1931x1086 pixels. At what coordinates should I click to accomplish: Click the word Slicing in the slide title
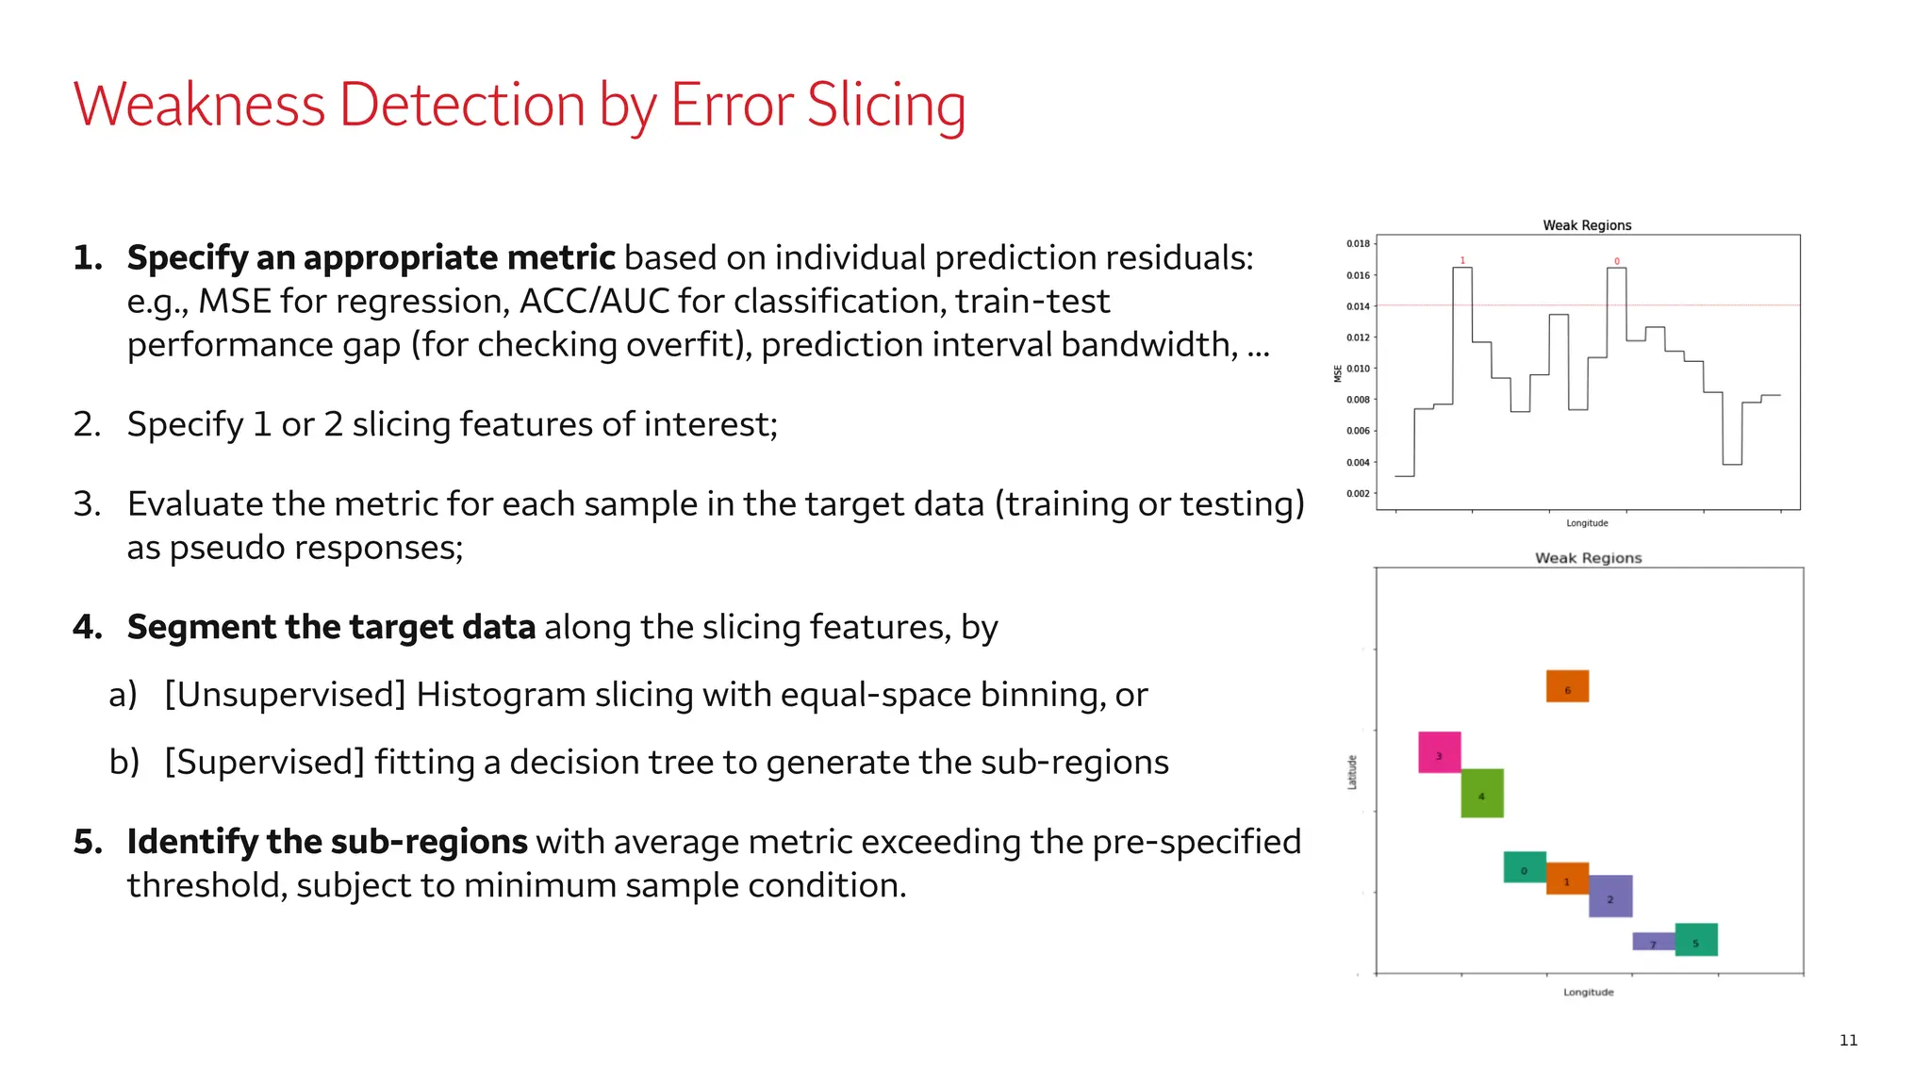(x=885, y=105)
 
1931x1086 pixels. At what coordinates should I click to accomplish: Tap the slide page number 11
(x=1848, y=1040)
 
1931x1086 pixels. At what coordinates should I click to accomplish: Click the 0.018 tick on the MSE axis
(x=1358, y=244)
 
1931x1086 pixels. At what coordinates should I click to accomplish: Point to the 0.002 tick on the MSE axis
(x=1358, y=494)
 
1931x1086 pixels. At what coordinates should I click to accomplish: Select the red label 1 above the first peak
(x=1462, y=260)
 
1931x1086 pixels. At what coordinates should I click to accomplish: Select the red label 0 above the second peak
(x=1617, y=261)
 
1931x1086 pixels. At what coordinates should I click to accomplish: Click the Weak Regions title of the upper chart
(x=1587, y=225)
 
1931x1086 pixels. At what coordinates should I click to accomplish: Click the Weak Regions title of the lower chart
(x=1588, y=558)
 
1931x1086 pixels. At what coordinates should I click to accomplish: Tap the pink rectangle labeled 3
(x=1440, y=752)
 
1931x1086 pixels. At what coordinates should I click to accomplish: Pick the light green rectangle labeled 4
(x=1482, y=793)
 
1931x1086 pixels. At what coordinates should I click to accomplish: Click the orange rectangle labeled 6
(x=1567, y=686)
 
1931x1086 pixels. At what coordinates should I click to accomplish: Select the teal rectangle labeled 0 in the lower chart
(x=1525, y=867)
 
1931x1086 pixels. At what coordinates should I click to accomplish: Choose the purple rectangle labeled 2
(x=1610, y=897)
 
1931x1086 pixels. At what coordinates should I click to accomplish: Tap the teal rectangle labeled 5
(x=1696, y=940)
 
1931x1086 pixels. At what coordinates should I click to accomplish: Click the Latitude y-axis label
(x=1352, y=772)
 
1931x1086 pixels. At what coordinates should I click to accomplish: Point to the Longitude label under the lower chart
(x=1589, y=992)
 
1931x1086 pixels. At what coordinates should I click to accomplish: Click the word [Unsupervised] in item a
(x=285, y=695)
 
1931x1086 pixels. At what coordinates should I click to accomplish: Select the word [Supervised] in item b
(x=264, y=762)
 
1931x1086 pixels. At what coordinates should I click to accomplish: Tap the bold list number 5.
(x=87, y=842)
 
